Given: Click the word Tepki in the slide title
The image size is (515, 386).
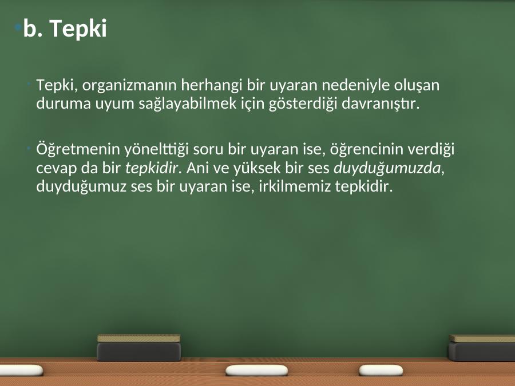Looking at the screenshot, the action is (x=78, y=29).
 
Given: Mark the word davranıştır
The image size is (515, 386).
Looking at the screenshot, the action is (x=381, y=104).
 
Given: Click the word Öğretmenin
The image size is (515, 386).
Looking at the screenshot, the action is (x=78, y=149).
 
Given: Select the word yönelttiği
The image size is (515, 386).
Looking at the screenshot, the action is (x=156, y=149).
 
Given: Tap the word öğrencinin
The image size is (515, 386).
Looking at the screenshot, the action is (x=367, y=149).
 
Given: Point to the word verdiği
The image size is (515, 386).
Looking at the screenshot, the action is (x=431, y=149).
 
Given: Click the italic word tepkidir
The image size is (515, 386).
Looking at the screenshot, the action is (x=152, y=168).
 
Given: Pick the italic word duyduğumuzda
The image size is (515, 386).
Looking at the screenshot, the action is (x=387, y=168).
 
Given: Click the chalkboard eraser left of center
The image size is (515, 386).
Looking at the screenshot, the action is (x=139, y=347).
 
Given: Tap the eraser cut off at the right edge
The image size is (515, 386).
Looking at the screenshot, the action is (x=481, y=348).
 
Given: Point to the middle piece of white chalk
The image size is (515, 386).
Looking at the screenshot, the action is (x=256, y=370).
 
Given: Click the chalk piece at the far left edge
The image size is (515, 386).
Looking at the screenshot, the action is (x=21, y=370).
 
